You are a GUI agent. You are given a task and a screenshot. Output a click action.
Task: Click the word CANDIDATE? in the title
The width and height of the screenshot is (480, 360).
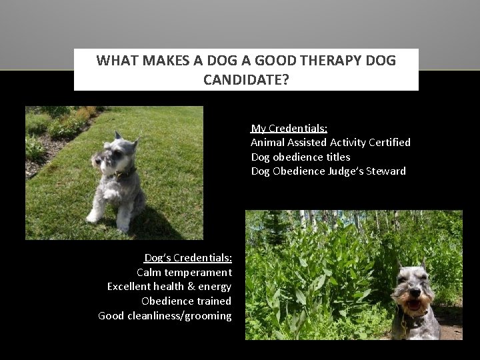tap(246, 80)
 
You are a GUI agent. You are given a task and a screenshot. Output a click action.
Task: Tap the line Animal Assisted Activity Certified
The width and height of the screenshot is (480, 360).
tap(330, 142)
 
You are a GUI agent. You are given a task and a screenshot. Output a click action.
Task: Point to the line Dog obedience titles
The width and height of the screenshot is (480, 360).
tap(300, 157)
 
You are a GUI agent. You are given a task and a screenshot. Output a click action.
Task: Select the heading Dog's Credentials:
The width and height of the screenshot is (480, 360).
tap(188, 258)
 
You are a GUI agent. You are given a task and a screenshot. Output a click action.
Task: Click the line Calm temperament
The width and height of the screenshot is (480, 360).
tap(184, 272)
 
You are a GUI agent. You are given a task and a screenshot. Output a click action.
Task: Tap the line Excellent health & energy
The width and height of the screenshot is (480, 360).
tap(169, 287)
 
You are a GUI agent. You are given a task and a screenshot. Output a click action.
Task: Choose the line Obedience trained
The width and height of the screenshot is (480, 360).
tap(186, 301)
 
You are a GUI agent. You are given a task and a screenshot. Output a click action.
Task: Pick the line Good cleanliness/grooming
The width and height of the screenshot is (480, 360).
tap(165, 316)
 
